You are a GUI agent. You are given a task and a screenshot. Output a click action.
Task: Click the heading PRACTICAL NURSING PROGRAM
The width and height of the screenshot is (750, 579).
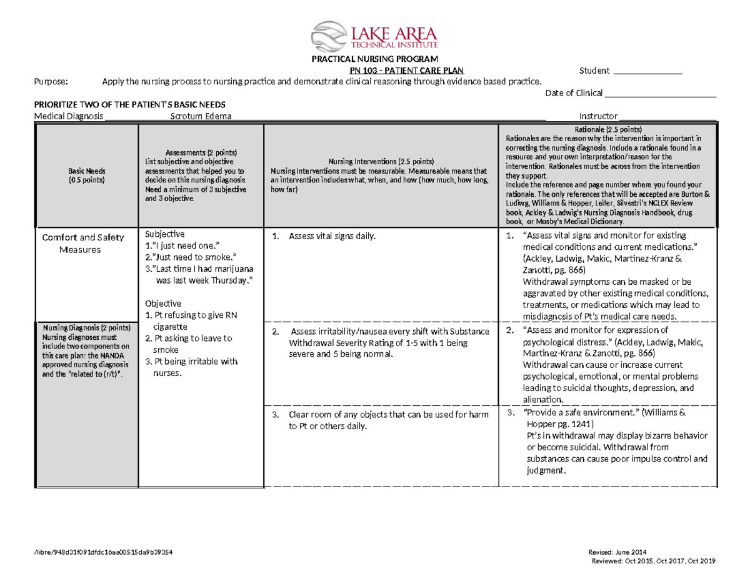click(374, 59)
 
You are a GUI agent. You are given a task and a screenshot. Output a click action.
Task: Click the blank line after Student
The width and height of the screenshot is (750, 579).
click(647, 72)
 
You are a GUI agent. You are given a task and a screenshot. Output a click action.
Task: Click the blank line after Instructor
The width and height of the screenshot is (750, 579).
click(667, 117)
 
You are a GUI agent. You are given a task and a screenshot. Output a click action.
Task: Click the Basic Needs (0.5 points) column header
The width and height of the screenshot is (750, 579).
click(87, 175)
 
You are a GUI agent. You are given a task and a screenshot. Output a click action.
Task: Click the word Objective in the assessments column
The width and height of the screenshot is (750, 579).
click(163, 303)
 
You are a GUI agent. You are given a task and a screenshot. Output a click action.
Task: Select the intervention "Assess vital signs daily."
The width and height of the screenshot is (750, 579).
click(332, 236)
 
